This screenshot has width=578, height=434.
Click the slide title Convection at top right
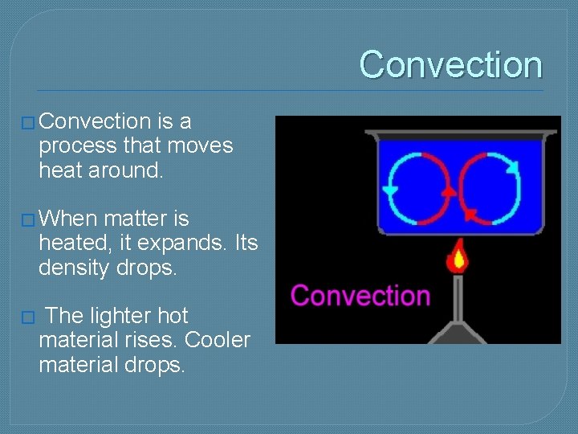pyautogui.click(x=450, y=64)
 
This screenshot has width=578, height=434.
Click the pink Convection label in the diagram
pyautogui.click(x=360, y=295)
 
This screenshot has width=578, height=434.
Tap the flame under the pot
pyautogui.click(x=458, y=256)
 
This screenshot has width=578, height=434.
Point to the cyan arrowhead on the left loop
pyautogui.click(x=391, y=190)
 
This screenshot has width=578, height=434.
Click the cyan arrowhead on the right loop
pyautogui.click(x=512, y=166)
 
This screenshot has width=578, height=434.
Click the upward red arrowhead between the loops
pyautogui.click(x=449, y=191)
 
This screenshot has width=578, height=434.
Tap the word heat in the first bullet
pyautogui.click(x=63, y=170)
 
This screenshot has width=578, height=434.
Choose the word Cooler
pyautogui.click(x=218, y=340)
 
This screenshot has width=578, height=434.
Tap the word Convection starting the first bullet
pyautogui.click(x=95, y=121)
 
